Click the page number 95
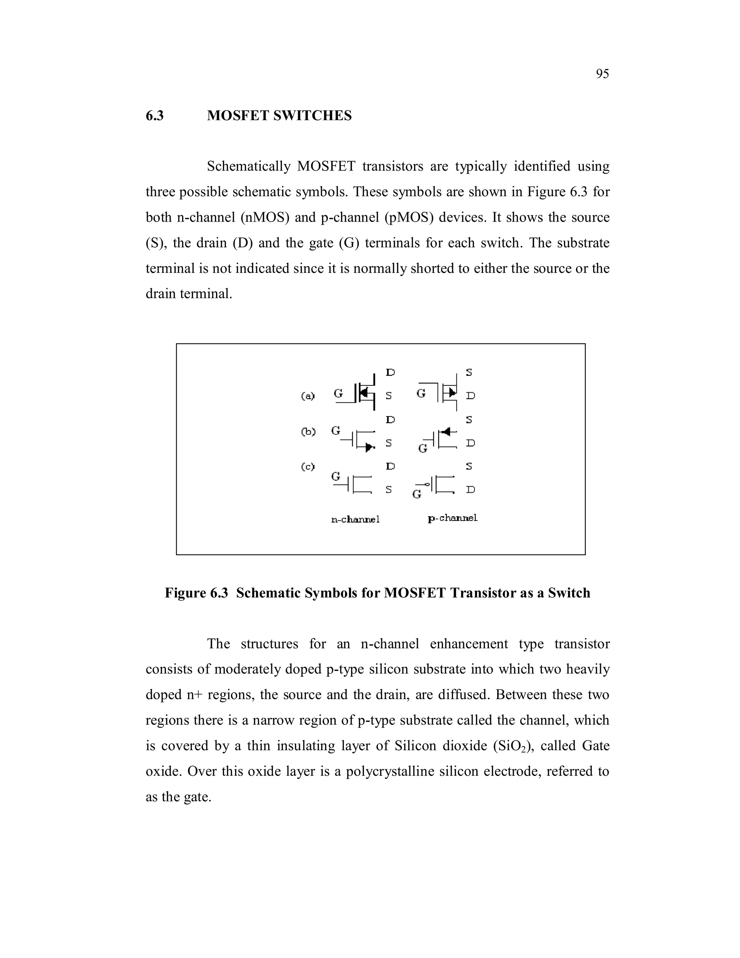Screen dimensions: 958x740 pos(602,74)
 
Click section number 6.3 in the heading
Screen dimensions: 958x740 pos(155,116)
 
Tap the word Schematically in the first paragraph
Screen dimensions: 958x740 pos(249,167)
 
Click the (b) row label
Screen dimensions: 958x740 pos(308,432)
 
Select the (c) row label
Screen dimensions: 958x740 pos(308,466)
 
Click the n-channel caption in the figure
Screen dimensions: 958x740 pos(355,519)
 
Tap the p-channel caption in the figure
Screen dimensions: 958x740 pos(452,518)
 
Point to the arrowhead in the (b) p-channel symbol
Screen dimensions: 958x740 pos(446,432)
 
